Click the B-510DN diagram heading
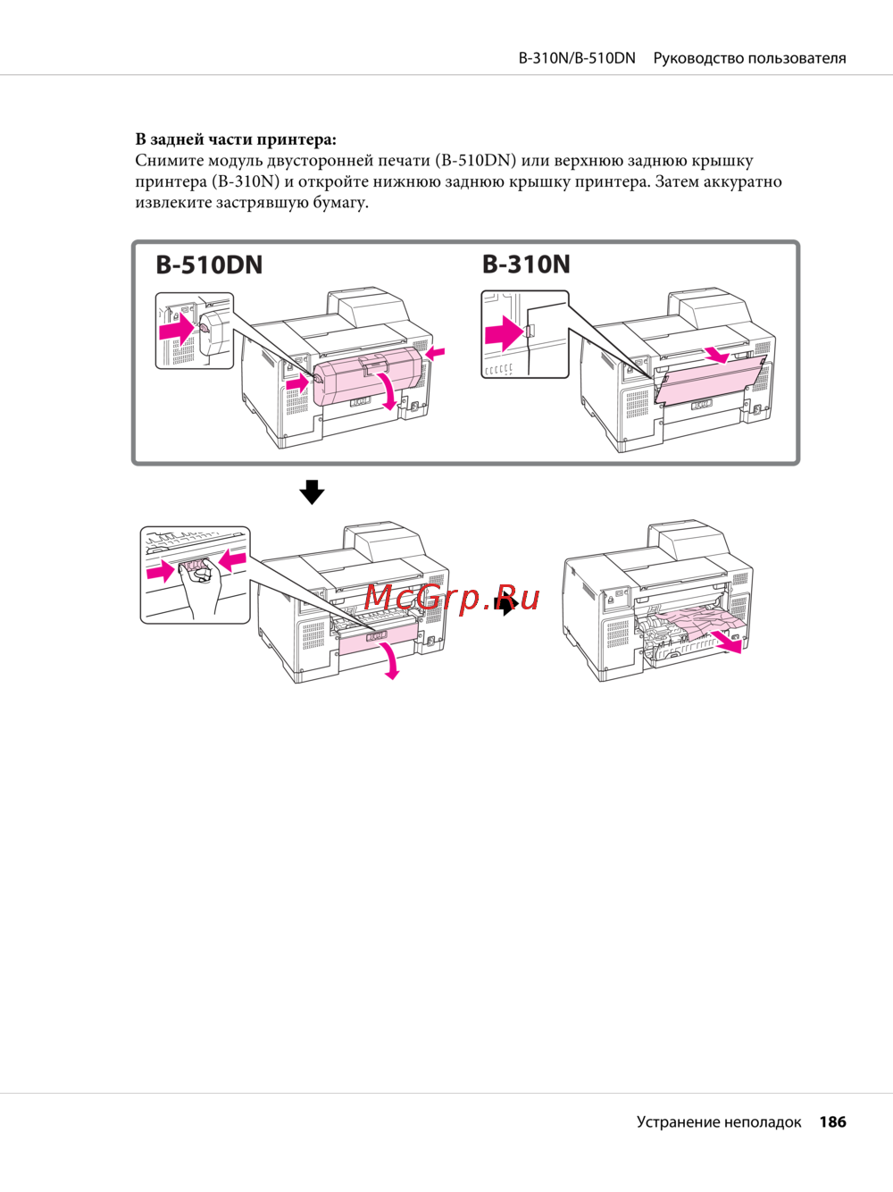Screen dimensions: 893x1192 209,265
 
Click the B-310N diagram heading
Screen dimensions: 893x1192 526,264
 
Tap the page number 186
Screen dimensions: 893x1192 833,1121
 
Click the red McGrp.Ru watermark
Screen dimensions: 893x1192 451,598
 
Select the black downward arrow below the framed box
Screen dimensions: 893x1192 312,492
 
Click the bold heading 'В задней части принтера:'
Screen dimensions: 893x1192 236,139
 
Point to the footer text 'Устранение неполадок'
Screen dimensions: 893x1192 719,1122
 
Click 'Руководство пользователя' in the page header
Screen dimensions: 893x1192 750,58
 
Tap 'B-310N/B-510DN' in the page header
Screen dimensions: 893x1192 577,58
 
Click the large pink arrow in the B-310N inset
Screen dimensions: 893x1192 503,333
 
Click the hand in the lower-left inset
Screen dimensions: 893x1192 200,587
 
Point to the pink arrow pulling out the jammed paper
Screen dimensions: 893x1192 726,642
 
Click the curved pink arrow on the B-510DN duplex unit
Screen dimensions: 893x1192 388,391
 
